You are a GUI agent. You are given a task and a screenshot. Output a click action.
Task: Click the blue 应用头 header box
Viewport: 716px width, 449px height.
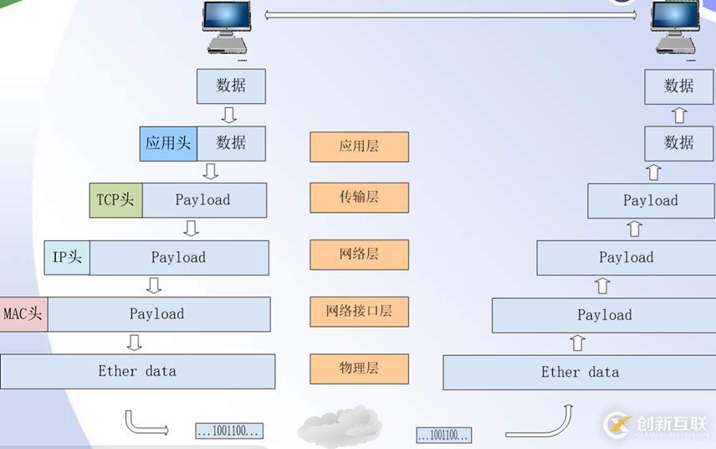168,143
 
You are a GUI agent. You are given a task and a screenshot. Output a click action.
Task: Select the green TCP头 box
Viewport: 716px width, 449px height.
115,200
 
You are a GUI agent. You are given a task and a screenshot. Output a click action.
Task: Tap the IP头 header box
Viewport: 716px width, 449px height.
67,257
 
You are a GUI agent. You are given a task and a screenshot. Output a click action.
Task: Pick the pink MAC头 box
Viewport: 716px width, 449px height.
23,314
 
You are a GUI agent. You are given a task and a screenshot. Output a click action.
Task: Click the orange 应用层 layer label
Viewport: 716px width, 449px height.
359,146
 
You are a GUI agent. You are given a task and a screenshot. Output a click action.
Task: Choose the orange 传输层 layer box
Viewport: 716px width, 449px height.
359,198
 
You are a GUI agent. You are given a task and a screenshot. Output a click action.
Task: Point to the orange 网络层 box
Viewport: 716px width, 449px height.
359,255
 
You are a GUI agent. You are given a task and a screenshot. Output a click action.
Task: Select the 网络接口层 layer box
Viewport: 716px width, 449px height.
359,312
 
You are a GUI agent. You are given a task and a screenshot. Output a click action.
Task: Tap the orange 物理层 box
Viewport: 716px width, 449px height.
359,369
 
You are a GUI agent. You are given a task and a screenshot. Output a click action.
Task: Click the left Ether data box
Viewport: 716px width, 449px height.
137,371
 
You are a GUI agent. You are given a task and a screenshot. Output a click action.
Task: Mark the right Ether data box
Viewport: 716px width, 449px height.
580,373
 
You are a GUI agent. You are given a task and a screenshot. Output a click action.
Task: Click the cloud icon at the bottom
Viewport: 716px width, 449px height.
339,426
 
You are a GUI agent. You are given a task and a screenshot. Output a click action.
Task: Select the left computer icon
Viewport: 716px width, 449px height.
227,30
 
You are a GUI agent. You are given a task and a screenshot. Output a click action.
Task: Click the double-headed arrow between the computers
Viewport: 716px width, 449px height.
450,14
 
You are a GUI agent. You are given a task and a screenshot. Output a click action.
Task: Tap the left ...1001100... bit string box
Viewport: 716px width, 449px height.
229,431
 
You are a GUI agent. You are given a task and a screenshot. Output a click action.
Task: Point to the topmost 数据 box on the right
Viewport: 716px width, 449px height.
678,86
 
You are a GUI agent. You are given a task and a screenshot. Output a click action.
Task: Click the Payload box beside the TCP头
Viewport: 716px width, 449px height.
203,200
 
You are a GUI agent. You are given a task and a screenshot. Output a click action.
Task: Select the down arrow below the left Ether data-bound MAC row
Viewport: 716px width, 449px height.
134,342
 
